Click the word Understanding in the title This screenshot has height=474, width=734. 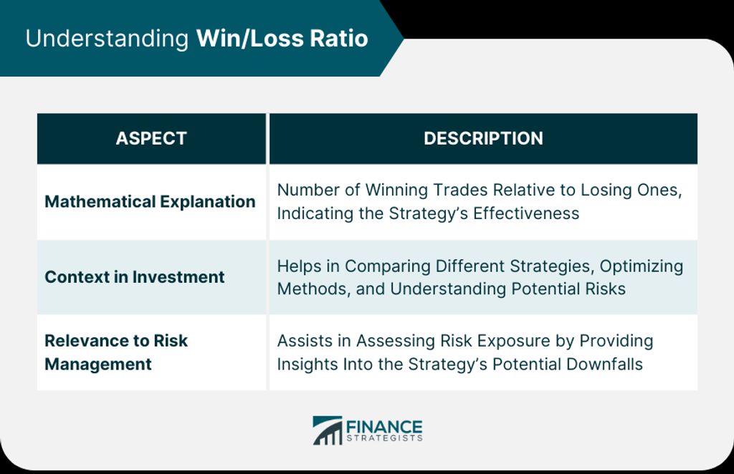(x=107, y=39)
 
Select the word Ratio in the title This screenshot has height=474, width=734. (x=339, y=39)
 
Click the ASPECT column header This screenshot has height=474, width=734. (x=151, y=138)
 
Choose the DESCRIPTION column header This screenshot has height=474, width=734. (x=483, y=138)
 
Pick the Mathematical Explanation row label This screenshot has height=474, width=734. (x=150, y=202)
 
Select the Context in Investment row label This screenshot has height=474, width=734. (x=134, y=276)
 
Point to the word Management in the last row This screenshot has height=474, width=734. (x=97, y=364)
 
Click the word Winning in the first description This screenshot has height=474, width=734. (x=396, y=190)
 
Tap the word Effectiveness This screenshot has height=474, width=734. (x=526, y=213)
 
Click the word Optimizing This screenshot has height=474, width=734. (x=642, y=266)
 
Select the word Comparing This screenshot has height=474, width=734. (x=388, y=266)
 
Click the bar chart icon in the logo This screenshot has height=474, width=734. (x=327, y=430)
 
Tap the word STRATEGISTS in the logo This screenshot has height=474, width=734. (x=384, y=438)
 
